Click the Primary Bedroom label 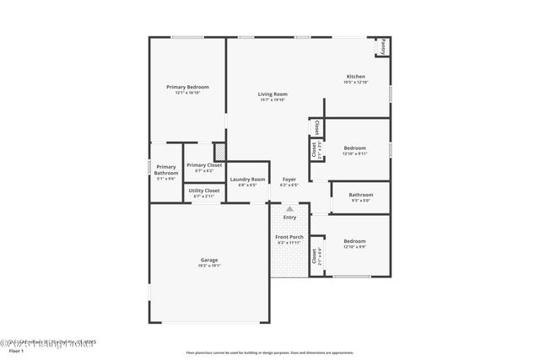pyautogui.click(x=187, y=87)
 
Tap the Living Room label pyautogui.click(x=273, y=94)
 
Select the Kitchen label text pyautogui.click(x=356, y=77)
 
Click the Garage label pyautogui.click(x=209, y=260)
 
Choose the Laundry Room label pyautogui.click(x=247, y=179)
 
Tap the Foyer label pyautogui.click(x=289, y=179)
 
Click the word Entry pyautogui.click(x=289, y=218)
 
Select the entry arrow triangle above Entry pyautogui.click(x=289, y=208)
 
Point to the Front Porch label pyautogui.click(x=289, y=237)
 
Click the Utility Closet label pyautogui.click(x=204, y=191)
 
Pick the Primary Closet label pyautogui.click(x=203, y=165)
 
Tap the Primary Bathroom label pyautogui.click(x=166, y=169)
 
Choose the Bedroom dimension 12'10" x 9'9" pyautogui.click(x=354, y=248)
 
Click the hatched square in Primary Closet pyautogui.click(x=219, y=152)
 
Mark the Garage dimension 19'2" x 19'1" pyautogui.click(x=209, y=266)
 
